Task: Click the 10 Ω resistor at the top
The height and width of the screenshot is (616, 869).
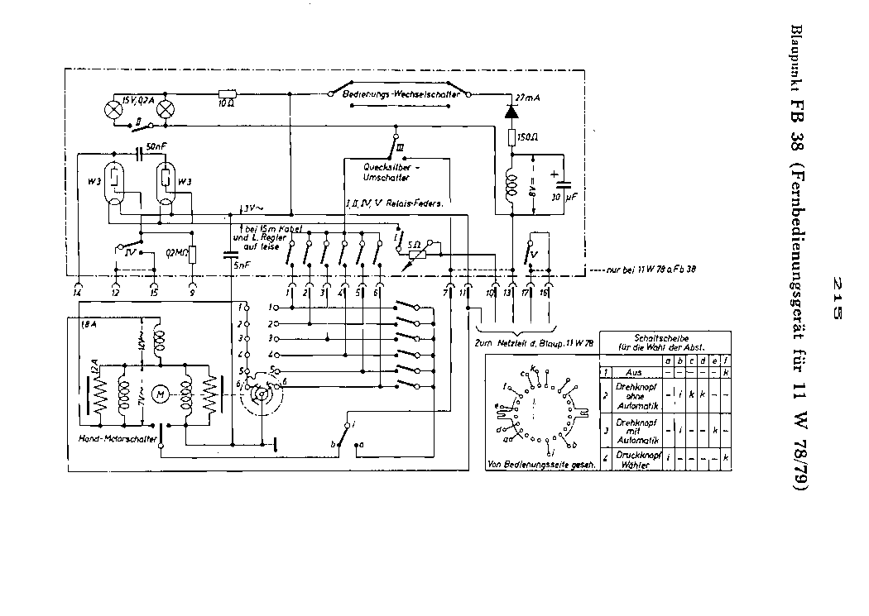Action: tap(226, 95)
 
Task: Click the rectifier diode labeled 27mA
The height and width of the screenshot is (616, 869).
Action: tap(510, 108)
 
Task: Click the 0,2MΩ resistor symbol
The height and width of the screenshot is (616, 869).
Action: tap(193, 254)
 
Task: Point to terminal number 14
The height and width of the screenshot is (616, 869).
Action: tap(77, 293)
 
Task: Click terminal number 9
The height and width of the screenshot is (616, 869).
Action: tap(193, 293)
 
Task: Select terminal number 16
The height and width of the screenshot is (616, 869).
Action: tap(545, 293)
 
